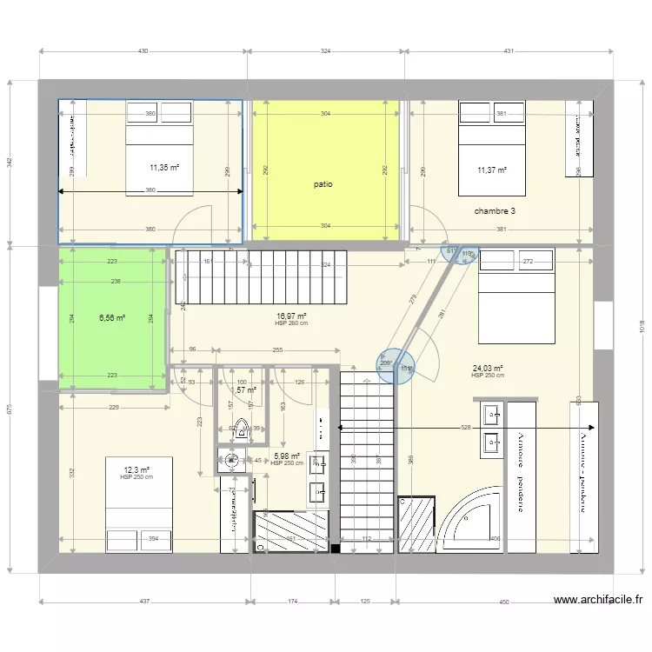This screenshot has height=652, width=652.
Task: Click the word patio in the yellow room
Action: pos(323,184)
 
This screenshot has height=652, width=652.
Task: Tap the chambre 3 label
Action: pos(495,211)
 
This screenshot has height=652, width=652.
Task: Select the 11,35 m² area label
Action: pos(164,169)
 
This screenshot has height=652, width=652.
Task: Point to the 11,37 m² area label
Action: pos(492,170)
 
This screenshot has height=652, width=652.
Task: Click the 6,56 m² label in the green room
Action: pos(112,318)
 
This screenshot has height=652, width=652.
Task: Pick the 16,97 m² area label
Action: pos(291,316)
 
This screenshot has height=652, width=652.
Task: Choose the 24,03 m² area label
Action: pos(488,369)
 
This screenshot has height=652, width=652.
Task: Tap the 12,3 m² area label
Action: pos(136,470)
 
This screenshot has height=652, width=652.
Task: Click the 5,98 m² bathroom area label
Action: pos(287,456)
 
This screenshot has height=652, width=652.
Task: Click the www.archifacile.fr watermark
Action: pos(598,600)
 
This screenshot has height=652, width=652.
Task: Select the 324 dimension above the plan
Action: pos(325,52)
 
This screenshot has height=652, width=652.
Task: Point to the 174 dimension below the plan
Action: pos(294,602)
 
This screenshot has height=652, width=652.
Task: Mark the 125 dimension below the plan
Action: pos(364,602)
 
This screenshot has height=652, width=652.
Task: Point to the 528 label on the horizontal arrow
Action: pos(466,428)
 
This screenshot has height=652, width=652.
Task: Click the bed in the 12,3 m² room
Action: pos(139,504)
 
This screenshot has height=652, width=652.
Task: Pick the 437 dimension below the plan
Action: pos(144,602)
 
